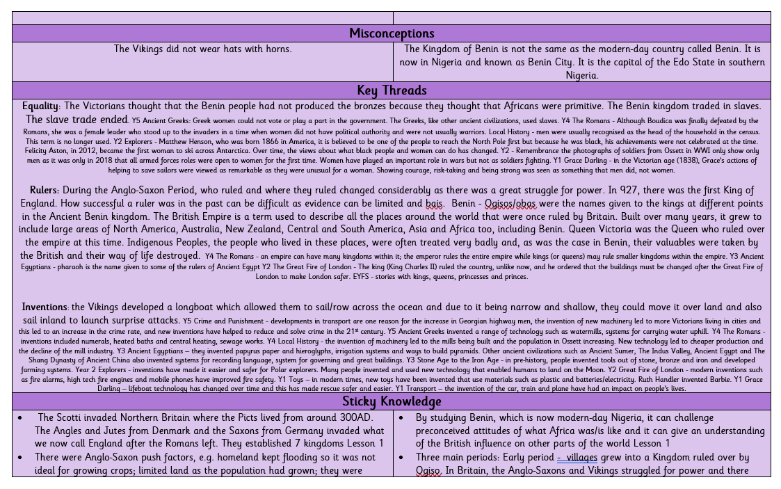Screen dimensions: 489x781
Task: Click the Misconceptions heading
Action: pos(392,33)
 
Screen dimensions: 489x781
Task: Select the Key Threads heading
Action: pos(392,90)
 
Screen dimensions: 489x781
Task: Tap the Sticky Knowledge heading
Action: pos(392,401)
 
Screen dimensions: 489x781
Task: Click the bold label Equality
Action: pos(40,106)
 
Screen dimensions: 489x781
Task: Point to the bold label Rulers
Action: pos(44,190)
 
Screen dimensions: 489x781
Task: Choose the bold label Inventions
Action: pos(45,307)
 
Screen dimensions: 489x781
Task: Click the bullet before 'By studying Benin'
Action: pos(402,417)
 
